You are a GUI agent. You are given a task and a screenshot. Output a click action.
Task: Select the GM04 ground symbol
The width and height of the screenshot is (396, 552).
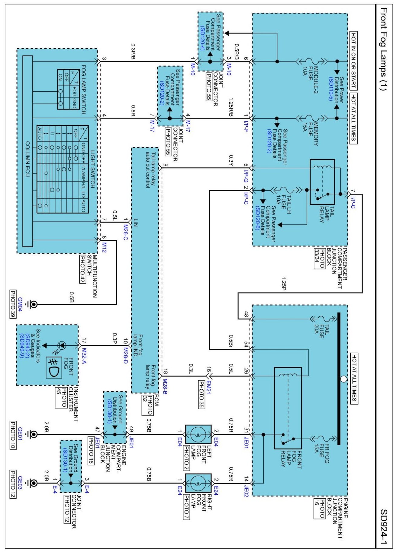(x=33, y=304)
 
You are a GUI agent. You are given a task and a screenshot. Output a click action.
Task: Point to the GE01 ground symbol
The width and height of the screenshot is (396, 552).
(x=33, y=434)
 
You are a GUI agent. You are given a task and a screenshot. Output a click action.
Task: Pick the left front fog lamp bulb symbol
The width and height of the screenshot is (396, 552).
(x=198, y=434)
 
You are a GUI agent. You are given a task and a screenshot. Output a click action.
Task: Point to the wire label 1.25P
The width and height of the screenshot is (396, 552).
(x=283, y=284)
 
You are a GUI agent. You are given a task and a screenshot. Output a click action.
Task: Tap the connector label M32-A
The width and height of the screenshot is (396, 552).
(x=84, y=356)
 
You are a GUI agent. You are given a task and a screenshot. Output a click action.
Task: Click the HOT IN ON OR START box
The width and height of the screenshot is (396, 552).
(x=353, y=60)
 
